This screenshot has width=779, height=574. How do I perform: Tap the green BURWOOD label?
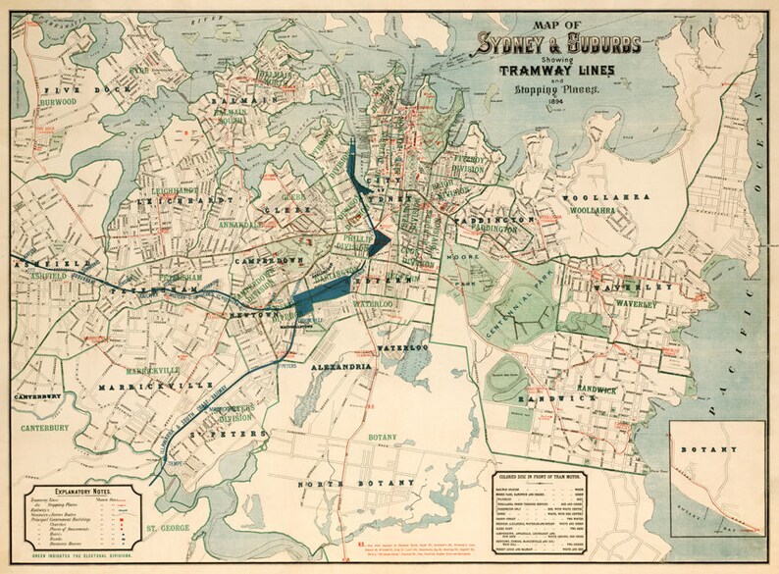[59, 101]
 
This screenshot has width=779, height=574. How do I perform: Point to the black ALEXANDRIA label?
[340, 366]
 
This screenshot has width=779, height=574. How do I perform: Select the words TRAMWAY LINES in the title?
[556, 70]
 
